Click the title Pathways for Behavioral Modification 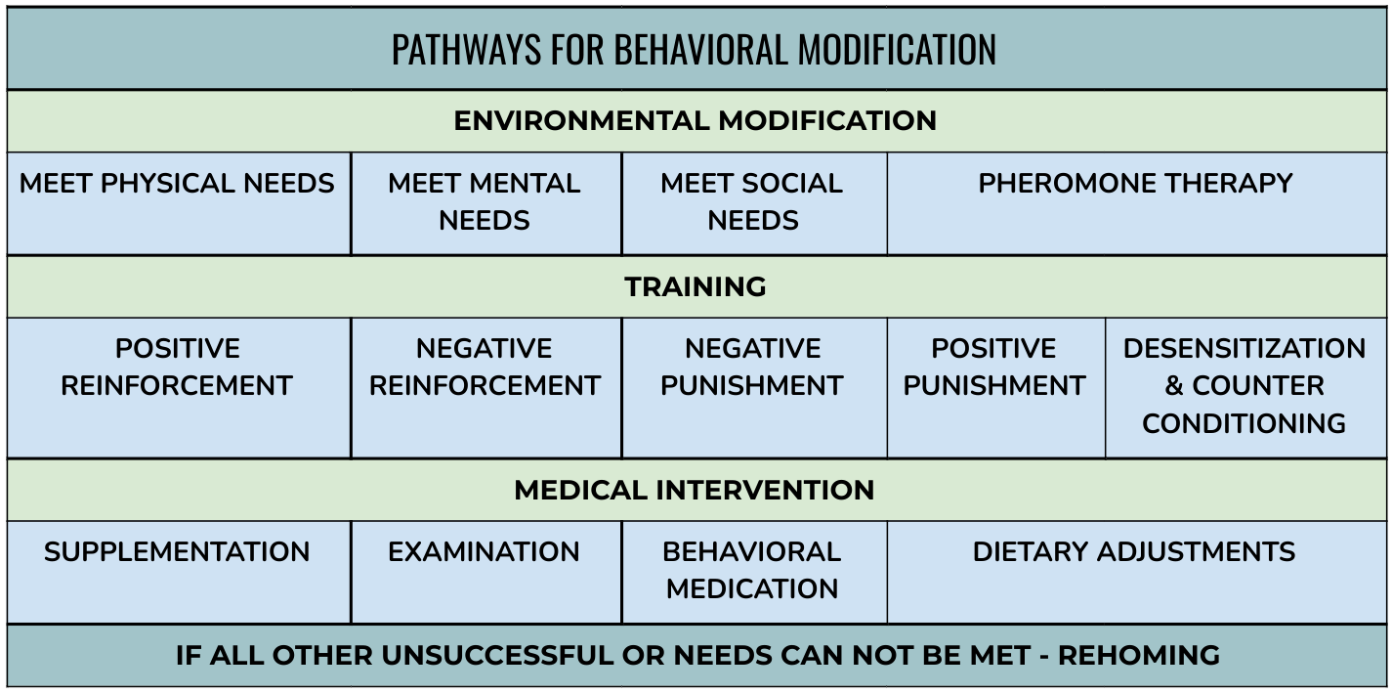[x=695, y=50]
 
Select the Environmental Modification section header [x=695, y=120]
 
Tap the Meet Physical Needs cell [x=179, y=203]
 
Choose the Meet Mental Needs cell [x=485, y=203]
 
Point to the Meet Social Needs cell [x=754, y=203]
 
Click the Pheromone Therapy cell [x=1137, y=203]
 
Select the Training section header [x=695, y=286]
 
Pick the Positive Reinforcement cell [x=179, y=388]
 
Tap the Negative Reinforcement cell [x=485, y=388]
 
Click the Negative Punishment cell [x=754, y=388]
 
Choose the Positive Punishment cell [x=996, y=388]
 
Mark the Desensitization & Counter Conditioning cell [x=1245, y=388]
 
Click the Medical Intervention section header [x=695, y=490]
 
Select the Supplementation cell [x=179, y=572]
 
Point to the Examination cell [x=485, y=572]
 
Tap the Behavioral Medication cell [x=754, y=572]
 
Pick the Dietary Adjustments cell [x=1137, y=572]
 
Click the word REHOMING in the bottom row [x=1139, y=656]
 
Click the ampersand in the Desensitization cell [x=1173, y=386]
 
